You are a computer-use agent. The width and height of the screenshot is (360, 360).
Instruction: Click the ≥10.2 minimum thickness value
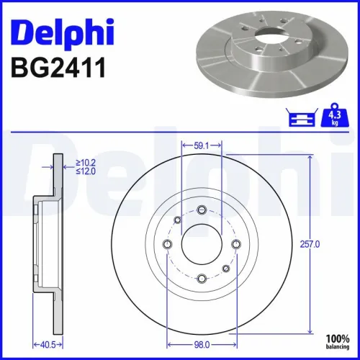87,163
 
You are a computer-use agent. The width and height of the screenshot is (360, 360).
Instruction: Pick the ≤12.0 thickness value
87,172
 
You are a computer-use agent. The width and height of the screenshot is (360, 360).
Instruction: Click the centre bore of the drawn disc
202,244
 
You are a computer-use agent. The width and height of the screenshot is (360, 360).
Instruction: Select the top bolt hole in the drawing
202,210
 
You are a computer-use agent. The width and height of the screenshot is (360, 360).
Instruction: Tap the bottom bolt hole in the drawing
202,278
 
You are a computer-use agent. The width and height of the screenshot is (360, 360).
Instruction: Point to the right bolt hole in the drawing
235,244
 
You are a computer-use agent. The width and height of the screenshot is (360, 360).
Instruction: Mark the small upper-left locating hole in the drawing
178,220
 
